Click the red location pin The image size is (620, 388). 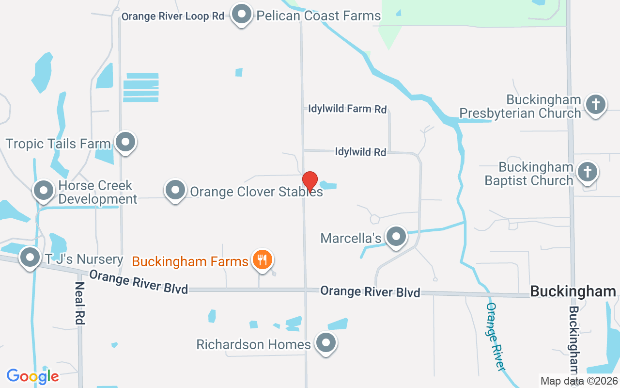point(310,181)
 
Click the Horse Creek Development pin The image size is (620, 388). point(44,191)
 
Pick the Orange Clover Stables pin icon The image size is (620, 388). point(175,191)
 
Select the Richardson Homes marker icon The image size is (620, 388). point(326,343)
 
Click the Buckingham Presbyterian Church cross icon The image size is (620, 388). point(596,105)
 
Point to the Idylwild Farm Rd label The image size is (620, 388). point(347,109)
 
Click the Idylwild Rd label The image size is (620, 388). point(360,152)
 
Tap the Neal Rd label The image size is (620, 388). point(79,303)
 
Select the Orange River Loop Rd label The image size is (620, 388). point(172,16)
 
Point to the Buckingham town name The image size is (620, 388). point(573,291)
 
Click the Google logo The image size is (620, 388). point(32,376)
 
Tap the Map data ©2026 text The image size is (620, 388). point(579,381)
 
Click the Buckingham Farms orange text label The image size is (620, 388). point(190,262)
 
